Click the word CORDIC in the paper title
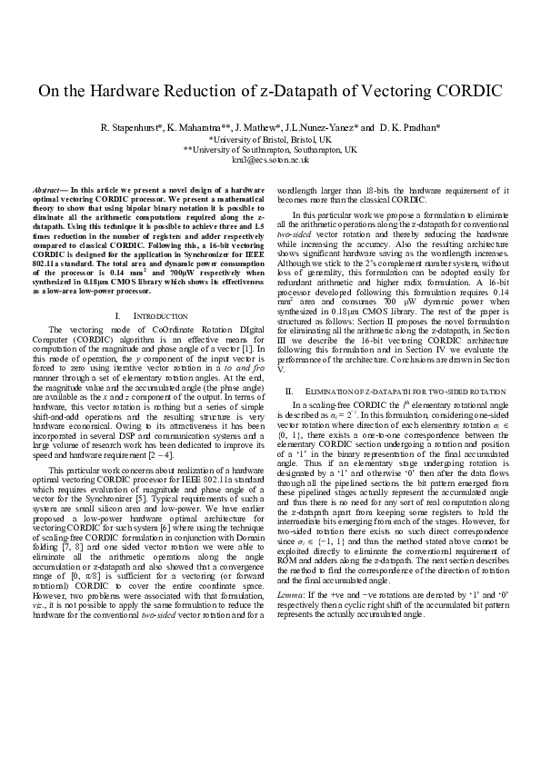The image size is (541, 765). click(x=467, y=91)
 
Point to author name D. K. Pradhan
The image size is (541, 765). click(x=410, y=128)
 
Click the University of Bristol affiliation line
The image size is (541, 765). click(x=270, y=140)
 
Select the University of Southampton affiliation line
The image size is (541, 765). click(x=270, y=149)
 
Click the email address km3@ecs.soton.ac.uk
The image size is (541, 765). click(x=270, y=159)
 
